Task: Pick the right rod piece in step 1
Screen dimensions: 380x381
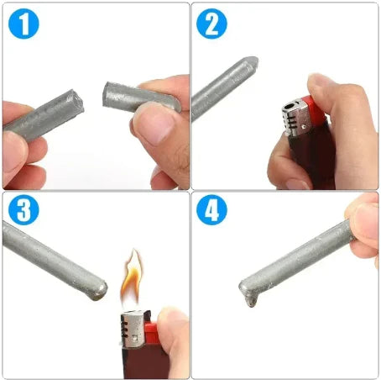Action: click(138, 96)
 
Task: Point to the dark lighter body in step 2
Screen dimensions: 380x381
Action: click(302, 160)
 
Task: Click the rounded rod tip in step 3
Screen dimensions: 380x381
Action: click(99, 288)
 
